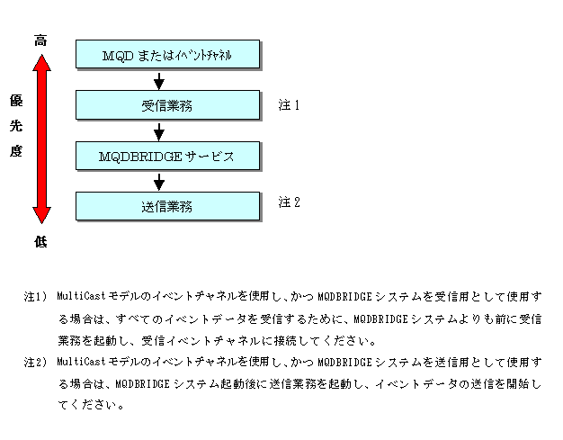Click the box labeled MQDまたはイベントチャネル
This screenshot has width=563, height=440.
[167, 55]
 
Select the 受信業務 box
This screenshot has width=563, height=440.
[167, 105]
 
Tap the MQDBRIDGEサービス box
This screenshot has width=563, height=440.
[167, 156]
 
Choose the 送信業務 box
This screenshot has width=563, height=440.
[167, 206]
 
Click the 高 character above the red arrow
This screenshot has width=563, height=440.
[40, 40]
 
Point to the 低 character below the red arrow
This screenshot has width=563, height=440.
[40, 241]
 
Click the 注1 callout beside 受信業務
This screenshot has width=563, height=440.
[289, 105]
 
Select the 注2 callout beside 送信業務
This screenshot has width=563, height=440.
[289, 202]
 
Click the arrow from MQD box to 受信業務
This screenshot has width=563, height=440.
[159, 81]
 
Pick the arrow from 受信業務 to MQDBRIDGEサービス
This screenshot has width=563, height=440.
[159, 131]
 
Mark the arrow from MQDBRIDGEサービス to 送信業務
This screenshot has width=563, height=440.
[159, 182]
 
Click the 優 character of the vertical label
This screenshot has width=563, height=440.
[15, 100]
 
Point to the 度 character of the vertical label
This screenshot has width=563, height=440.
[15, 151]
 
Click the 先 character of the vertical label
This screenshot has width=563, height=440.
[15, 125]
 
